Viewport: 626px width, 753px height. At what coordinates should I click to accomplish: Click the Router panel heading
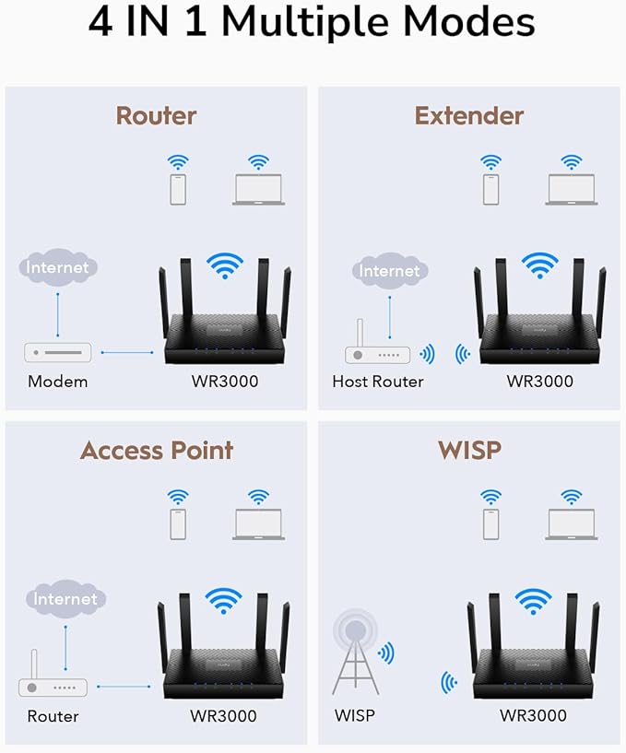pyautogui.click(x=156, y=116)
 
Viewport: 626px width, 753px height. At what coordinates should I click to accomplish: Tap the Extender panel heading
pyautogui.click(x=468, y=116)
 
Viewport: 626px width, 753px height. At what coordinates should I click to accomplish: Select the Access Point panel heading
pyautogui.click(x=156, y=451)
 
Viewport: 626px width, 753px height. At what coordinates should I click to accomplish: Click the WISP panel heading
pyautogui.click(x=469, y=451)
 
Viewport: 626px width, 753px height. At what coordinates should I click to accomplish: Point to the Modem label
pyautogui.click(x=57, y=382)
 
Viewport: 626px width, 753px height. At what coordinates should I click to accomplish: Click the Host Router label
pyautogui.click(x=378, y=382)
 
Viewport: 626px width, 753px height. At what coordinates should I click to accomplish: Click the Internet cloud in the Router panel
pyautogui.click(x=57, y=267)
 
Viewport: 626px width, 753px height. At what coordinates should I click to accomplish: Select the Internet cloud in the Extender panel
pyautogui.click(x=388, y=270)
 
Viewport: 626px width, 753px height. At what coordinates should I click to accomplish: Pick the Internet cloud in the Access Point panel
pyautogui.click(x=65, y=599)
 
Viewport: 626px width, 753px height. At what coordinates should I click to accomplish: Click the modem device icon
pyautogui.click(x=57, y=352)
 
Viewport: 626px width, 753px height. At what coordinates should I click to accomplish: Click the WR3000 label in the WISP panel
pyautogui.click(x=533, y=715)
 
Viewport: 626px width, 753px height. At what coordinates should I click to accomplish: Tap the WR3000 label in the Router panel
pyautogui.click(x=226, y=382)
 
